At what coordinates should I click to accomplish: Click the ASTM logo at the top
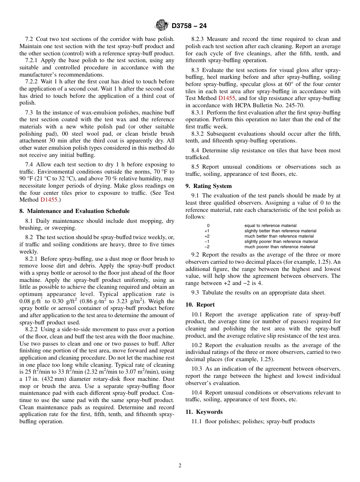pyautogui.click(x=161, y=26)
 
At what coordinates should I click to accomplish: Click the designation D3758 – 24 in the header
pyautogui.click(x=189, y=26)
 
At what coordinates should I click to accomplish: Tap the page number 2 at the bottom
pyautogui.click(x=180, y=466)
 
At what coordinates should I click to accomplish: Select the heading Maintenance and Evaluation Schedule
pyautogui.click(x=74, y=211)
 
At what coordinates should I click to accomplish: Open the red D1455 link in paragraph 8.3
pyautogui.click(x=227, y=99)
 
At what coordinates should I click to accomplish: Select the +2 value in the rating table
pyautogui.click(x=207, y=236)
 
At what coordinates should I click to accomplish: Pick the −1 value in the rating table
pyautogui.click(x=207, y=241)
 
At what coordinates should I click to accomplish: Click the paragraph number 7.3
pyautogui.click(x=30, y=113)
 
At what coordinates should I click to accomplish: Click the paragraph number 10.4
pyautogui.click(x=197, y=393)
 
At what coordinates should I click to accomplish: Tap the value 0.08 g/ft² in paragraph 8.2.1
pyautogui.click(x=33, y=301)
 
